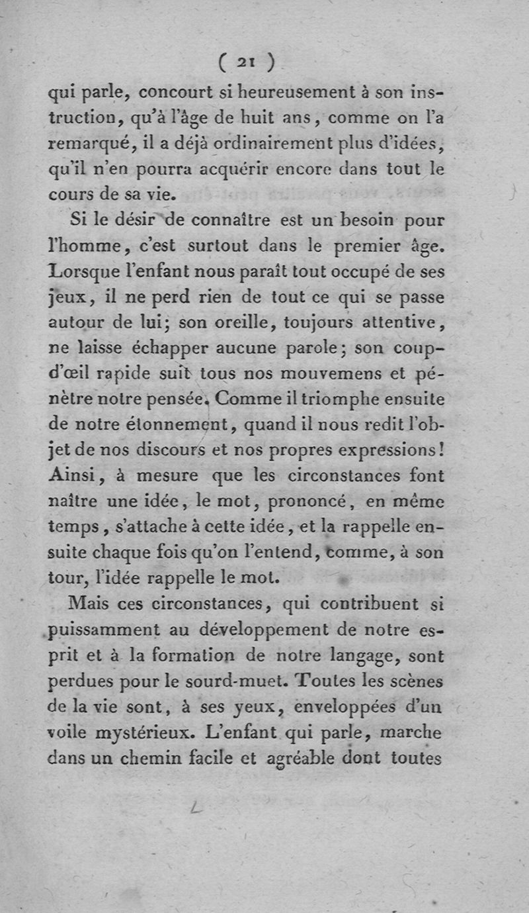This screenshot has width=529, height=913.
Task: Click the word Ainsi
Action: click(72, 475)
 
